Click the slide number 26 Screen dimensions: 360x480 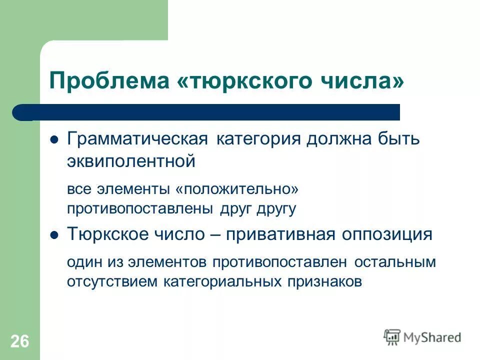point(19,341)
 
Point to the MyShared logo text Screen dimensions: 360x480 point(432,337)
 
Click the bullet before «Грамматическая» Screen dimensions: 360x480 point(55,139)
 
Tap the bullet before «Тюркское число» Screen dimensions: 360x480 point(55,234)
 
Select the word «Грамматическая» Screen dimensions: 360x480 point(137,139)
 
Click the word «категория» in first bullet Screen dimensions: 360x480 point(258,139)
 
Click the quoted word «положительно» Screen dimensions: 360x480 point(236,189)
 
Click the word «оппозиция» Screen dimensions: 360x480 point(386,234)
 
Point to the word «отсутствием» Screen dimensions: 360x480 point(113,280)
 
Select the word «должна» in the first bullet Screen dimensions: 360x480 point(333,139)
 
